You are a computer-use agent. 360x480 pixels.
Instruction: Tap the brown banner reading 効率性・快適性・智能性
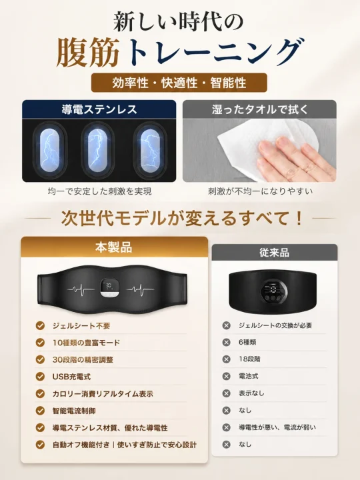[x=179, y=83]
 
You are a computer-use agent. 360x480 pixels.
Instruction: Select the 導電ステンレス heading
[x=99, y=109]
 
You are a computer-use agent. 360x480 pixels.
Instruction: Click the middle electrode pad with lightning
[x=97, y=150]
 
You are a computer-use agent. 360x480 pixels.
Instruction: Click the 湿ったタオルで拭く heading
[x=259, y=109]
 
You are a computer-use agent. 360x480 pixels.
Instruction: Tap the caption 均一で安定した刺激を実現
[x=99, y=191]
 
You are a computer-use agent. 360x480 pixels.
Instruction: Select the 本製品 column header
[x=113, y=247]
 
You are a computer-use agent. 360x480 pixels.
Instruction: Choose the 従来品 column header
[x=274, y=253]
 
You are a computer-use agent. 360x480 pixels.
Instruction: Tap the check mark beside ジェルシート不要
[x=40, y=325]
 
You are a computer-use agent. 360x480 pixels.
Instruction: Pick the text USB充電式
[x=71, y=377]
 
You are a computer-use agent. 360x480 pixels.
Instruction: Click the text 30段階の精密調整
[x=83, y=359]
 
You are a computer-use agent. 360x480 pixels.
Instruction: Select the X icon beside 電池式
[x=226, y=376]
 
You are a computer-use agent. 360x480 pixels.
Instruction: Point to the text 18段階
[x=249, y=359]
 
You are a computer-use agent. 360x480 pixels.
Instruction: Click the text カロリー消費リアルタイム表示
[x=103, y=394]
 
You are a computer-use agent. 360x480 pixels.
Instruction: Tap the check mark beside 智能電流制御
[x=40, y=411]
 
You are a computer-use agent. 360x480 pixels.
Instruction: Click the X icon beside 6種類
[x=226, y=342]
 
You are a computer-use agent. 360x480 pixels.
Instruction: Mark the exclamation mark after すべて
[x=299, y=218]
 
